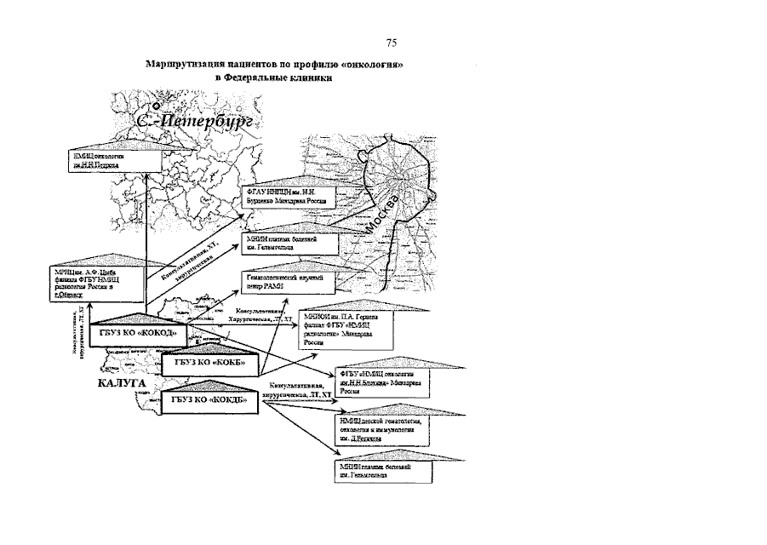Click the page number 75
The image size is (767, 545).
click(x=391, y=43)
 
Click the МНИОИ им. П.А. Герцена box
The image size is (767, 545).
click(x=346, y=328)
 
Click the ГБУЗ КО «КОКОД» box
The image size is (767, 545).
click(x=139, y=332)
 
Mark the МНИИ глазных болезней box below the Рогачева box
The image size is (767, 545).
click(x=381, y=470)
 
